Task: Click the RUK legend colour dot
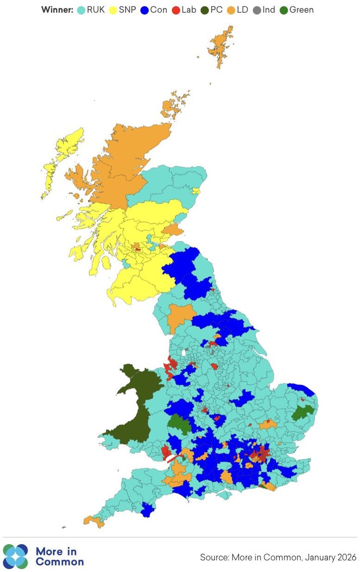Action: coord(81,10)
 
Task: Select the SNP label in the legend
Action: coord(127,10)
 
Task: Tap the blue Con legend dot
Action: coord(144,10)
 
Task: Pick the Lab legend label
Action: coord(189,10)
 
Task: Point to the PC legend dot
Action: coord(205,10)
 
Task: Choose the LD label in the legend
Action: coord(242,10)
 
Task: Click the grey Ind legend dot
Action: coord(257,10)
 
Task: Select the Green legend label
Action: coord(302,10)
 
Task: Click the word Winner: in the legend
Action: coord(57,10)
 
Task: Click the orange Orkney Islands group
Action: coord(174,104)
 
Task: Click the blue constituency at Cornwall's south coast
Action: coord(147,510)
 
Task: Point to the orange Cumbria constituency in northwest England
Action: coord(180,316)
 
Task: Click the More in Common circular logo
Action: coord(15,556)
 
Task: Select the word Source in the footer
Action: coord(215,557)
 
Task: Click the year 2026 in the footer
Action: coord(346,557)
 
